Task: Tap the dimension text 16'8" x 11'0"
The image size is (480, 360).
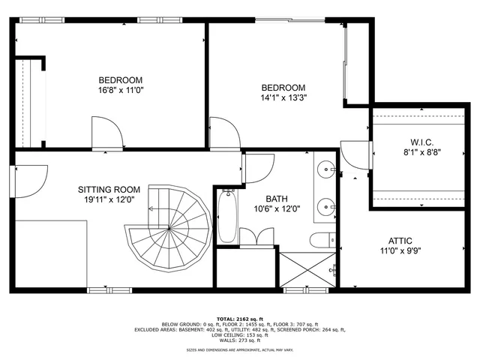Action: [x=121, y=90]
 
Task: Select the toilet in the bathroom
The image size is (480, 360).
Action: [x=321, y=240]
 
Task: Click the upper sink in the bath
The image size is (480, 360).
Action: [x=327, y=169]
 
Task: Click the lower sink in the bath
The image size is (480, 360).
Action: [x=327, y=205]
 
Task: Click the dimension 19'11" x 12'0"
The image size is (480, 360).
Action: [x=110, y=199]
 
